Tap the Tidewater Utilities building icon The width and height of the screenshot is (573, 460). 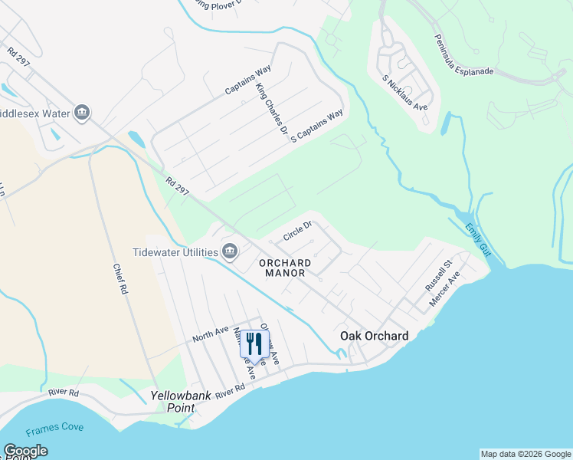click(229, 251)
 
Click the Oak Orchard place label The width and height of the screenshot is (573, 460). click(374, 336)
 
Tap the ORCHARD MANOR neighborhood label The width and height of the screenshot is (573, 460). click(282, 268)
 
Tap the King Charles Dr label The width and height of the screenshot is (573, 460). click(271, 113)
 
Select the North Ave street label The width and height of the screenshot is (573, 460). click(211, 335)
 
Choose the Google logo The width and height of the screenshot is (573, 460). click(25, 451)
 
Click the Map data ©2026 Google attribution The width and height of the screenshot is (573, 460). click(526, 454)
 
